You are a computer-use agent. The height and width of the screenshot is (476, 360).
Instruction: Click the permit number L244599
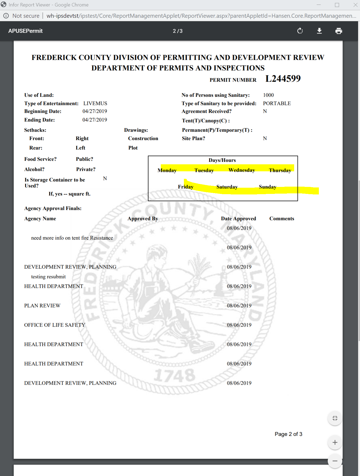point(283,79)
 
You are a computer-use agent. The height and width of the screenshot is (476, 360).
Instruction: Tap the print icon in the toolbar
point(338,31)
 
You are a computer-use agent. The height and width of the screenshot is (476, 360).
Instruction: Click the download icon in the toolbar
point(319,31)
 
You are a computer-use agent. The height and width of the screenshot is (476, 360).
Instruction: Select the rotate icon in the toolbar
point(300,31)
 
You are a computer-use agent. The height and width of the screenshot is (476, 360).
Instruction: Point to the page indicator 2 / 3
point(177,31)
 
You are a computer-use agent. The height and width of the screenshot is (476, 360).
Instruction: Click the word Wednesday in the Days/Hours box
point(241,170)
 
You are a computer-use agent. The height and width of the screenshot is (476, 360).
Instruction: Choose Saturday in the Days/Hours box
point(227,187)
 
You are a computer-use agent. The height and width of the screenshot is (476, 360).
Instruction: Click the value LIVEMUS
point(95,104)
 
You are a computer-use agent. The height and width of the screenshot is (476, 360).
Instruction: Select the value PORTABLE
point(277,104)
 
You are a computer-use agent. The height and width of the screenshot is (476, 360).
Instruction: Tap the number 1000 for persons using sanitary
point(268,95)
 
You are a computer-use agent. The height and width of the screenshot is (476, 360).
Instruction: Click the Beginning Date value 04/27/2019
point(95,111)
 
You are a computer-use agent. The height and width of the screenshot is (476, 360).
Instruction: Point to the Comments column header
point(281,219)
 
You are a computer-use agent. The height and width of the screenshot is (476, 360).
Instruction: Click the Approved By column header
point(143,219)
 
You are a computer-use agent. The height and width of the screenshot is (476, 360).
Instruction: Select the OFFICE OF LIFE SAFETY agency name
point(55,325)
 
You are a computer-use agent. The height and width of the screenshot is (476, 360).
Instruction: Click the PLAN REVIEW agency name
point(42,306)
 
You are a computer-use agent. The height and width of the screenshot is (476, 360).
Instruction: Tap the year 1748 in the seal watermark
point(175,375)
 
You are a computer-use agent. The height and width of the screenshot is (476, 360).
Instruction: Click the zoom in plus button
point(335,442)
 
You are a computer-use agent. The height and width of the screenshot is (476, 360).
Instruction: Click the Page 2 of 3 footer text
point(288,434)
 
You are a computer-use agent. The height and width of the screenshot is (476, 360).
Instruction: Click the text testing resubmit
point(48,277)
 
